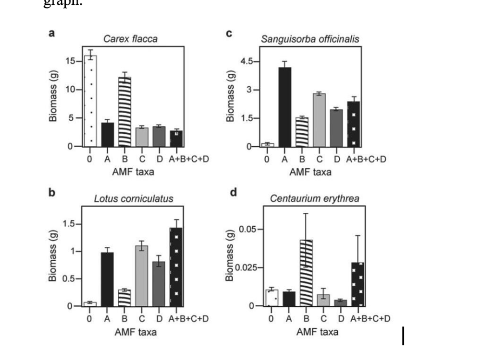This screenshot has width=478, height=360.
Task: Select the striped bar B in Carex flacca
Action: (125, 112)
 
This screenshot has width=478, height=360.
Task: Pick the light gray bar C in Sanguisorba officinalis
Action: (319, 119)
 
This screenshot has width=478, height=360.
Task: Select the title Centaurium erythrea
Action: (315, 199)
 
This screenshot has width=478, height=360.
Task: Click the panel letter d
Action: (233, 192)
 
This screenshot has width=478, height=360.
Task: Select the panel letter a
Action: (52, 33)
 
